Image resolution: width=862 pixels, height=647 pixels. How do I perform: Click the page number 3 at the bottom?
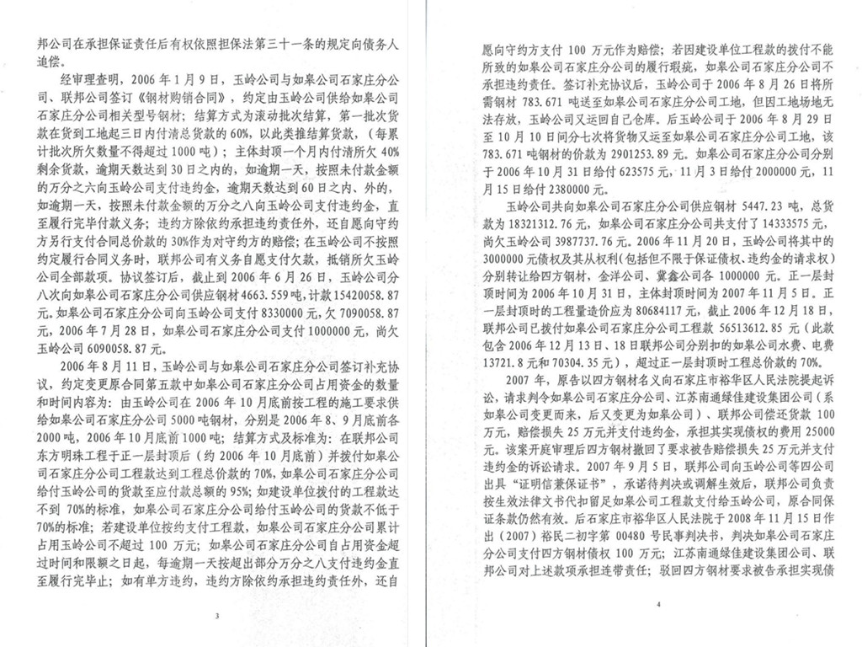pos(217,617)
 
